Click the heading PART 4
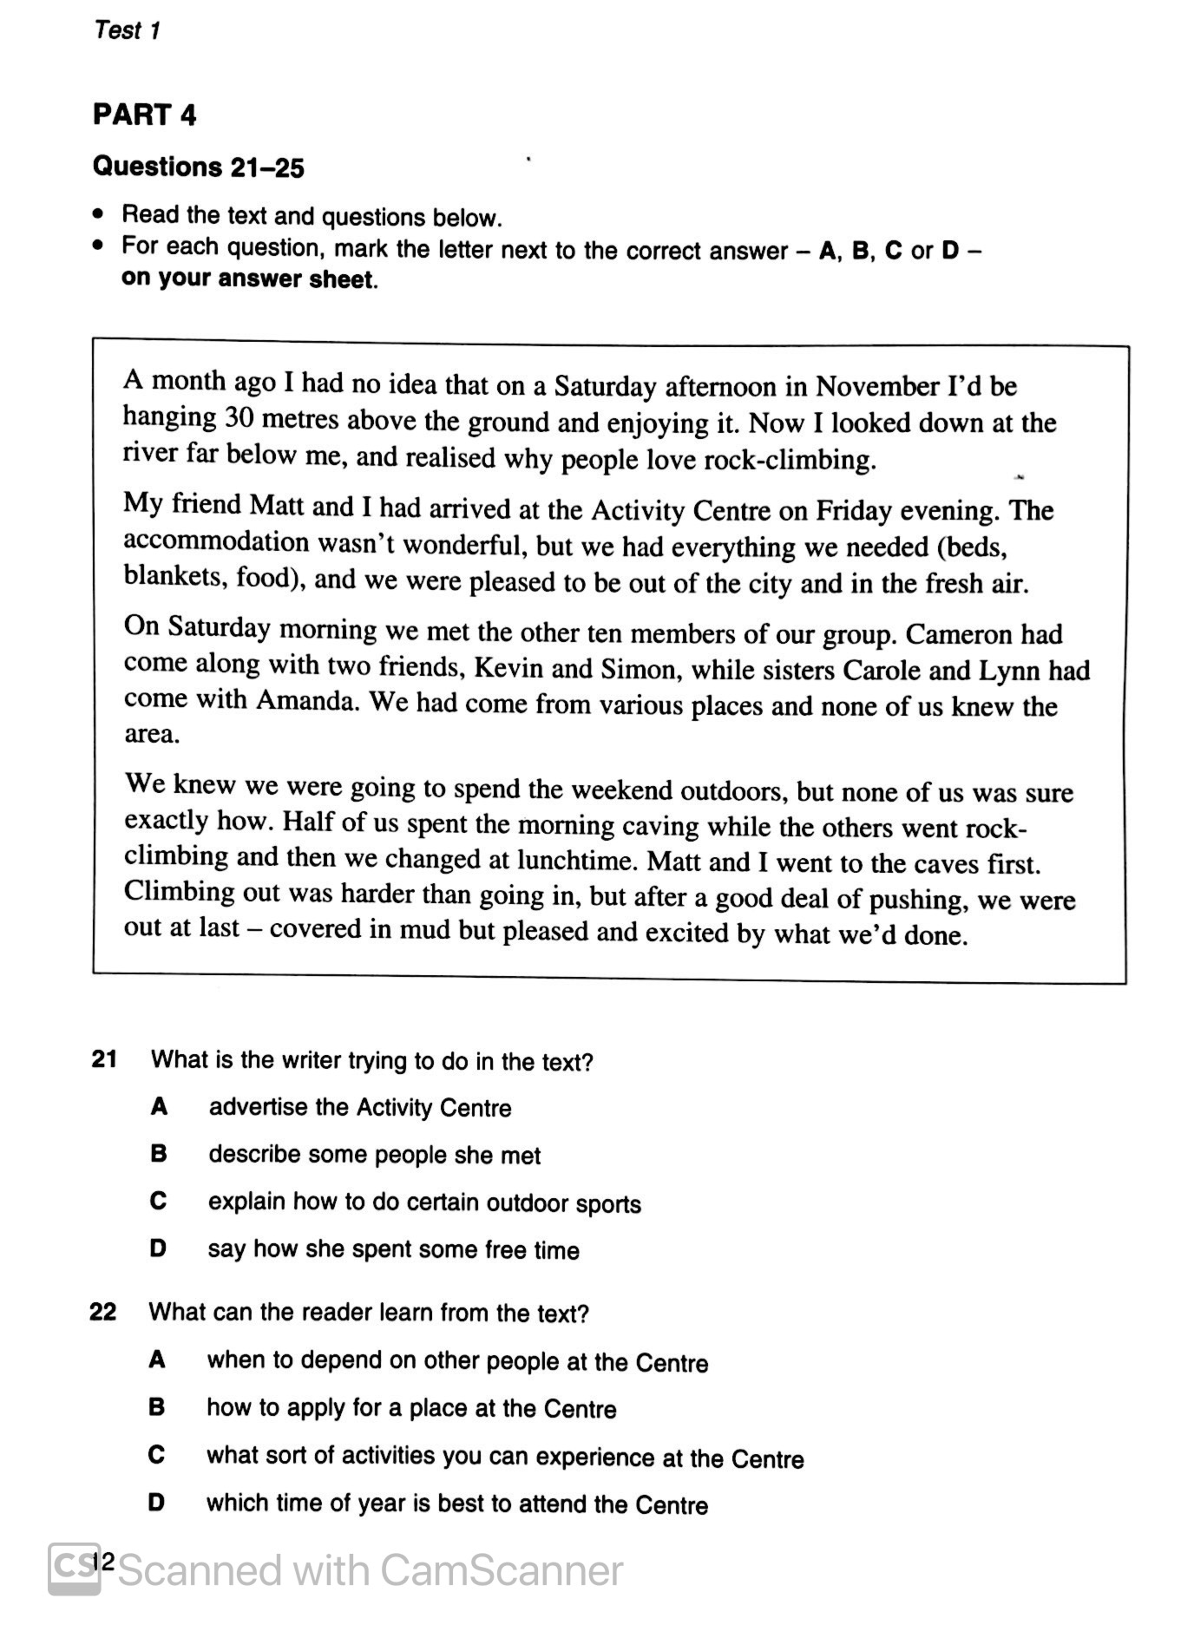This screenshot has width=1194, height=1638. pos(144,115)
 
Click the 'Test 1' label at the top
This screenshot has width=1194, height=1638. pos(127,30)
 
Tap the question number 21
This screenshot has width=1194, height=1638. pos(104,1058)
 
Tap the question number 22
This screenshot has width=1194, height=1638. pos(102,1311)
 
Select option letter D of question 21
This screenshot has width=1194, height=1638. pos(158,1248)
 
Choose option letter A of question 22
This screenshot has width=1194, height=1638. pos(157,1360)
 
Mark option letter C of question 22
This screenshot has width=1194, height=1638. pos(156,1455)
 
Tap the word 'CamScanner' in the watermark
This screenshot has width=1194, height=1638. pos(501,1570)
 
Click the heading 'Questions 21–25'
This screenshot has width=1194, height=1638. pos(198,166)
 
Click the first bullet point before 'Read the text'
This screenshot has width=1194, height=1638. pos(101,214)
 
